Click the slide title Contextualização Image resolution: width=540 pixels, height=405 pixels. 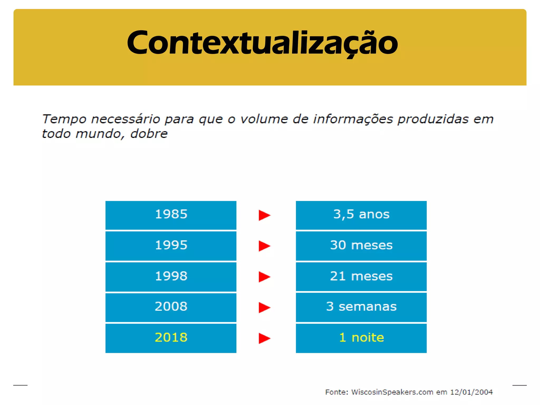click(x=262, y=43)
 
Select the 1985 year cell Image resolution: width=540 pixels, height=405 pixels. click(x=171, y=215)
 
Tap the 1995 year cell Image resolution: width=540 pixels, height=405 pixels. click(x=171, y=245)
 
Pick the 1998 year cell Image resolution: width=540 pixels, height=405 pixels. click(x=171, y=276)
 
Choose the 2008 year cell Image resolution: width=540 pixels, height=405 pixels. click(x=171, y=307)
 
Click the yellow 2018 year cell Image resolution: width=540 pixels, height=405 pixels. click(x=171, y=338)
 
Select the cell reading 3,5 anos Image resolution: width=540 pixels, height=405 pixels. click(x=361, y=215)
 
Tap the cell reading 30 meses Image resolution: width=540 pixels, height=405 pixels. click(x=361, y=245)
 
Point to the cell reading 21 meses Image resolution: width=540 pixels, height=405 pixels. click(x=361, y=276)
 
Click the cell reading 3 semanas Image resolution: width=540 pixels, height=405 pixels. click(x=361, y=307)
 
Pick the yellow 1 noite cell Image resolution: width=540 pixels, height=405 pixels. click(x=361, y=338)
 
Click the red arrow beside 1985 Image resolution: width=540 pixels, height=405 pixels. click(x=264, y=215)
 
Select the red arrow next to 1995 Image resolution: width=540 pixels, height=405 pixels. click(x=264, y=246)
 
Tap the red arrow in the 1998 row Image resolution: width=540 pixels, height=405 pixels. click(x=264, y=277)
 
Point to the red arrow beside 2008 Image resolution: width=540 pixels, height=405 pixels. click(x=264, y=307)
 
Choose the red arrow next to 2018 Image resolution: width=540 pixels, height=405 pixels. click(x=264, y=338)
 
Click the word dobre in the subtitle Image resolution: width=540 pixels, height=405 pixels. click(x=149, y=134)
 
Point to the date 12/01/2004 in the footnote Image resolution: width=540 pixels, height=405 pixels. click(x=471, y=392)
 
